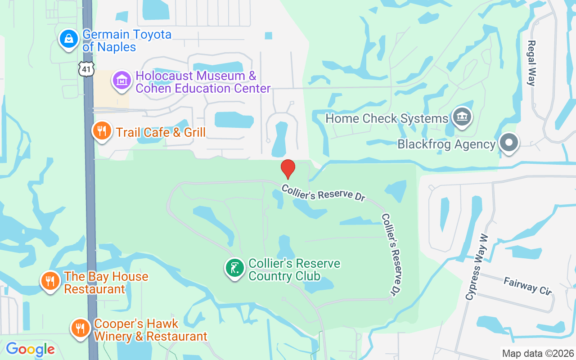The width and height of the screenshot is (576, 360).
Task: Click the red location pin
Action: point(288,169)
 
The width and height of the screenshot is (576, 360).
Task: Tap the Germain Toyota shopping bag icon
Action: point(69,39)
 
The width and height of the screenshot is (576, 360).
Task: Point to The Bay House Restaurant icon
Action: point(50,281)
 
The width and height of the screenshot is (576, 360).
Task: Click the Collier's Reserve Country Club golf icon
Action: point(234,268)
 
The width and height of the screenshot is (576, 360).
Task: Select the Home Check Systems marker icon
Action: point(462,117)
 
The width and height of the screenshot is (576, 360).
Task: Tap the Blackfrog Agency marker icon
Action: point(509,143)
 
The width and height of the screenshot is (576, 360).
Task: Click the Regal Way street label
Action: point(531,63)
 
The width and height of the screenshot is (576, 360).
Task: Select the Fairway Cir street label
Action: point(527,286)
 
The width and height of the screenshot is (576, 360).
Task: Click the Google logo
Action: point(30,349)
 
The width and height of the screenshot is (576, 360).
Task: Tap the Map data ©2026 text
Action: point(538,353)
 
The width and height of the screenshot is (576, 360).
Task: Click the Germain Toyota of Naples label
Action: point(126,40)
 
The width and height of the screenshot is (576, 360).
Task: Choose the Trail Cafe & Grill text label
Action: point(161,132)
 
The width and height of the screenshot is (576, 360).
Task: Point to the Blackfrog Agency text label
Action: point(446,144)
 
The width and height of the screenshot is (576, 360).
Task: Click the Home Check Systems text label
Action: point(387,119)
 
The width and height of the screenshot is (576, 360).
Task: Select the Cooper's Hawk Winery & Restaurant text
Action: point(150,330)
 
